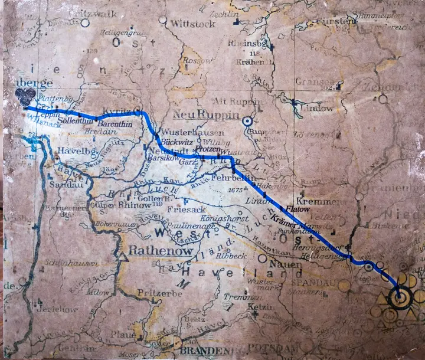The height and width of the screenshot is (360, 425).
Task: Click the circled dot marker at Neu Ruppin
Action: click(248, 122)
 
